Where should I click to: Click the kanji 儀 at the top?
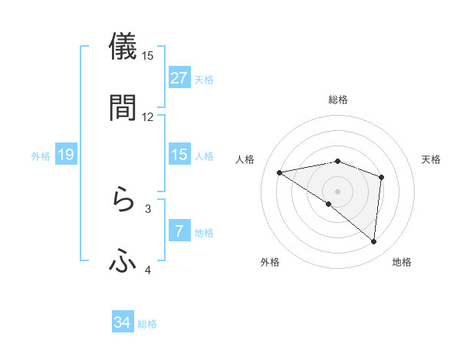(x=123, y=46)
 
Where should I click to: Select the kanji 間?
(x=123, y=107)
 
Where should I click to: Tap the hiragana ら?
(x=123, y=201)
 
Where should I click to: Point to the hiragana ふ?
(x=123, y=262)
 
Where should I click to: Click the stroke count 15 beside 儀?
(x=148, y=55)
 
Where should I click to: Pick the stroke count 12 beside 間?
(x=148, y=116)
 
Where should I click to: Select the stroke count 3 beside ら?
(x=148, y=208)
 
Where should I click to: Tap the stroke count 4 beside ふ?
(x=148, y=270)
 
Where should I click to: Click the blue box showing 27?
(x=179, y=78)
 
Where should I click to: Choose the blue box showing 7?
(x=179, y=231)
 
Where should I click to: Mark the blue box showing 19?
(x=66, y=155)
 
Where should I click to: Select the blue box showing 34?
(x=123, y=323)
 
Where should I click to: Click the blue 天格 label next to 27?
(x=204, y=79)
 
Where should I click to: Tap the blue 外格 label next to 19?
(x=41, y=156)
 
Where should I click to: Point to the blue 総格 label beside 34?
(x=147, y=324)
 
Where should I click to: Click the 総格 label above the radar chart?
(x=338, y=100)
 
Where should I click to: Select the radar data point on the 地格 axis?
(x=374, y=242)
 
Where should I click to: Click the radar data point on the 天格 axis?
(x=381, y=178)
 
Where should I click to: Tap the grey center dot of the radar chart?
(x=337, y=191)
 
